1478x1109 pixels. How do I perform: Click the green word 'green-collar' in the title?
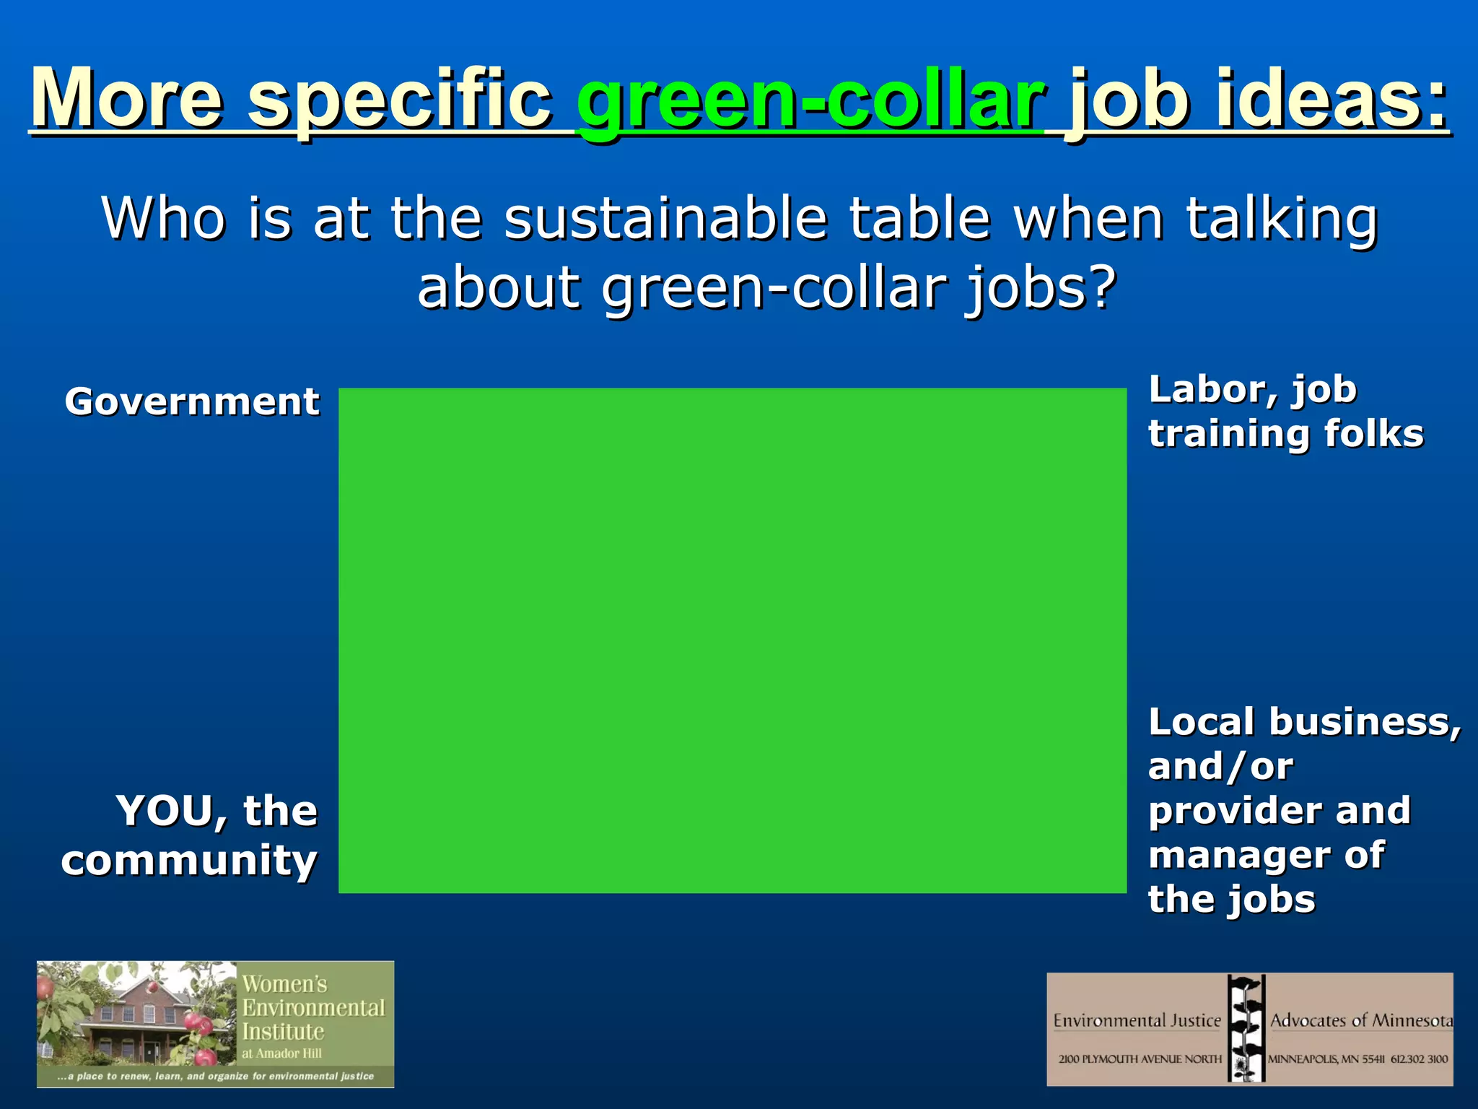tap(810, 101)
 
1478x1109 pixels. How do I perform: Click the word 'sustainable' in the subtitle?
tap(665, 218)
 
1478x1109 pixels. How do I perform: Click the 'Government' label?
tap(192, 401)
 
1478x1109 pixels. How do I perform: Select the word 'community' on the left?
tap(189, 861)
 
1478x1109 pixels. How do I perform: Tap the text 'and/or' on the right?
tap(1220, 767)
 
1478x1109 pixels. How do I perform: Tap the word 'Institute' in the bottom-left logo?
tap(283, 1031)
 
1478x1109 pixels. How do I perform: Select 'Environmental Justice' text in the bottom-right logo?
tap(1137, 1020)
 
